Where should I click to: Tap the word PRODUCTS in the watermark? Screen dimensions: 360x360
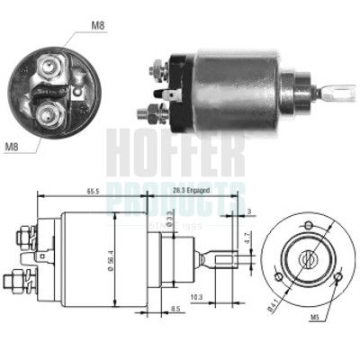176,190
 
